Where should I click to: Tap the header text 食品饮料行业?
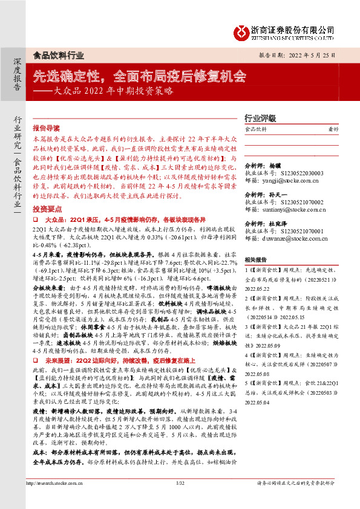(x=58, y=55)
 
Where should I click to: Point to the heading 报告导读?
(x=46, y=129)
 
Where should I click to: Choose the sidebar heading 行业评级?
(x=260, y=118)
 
